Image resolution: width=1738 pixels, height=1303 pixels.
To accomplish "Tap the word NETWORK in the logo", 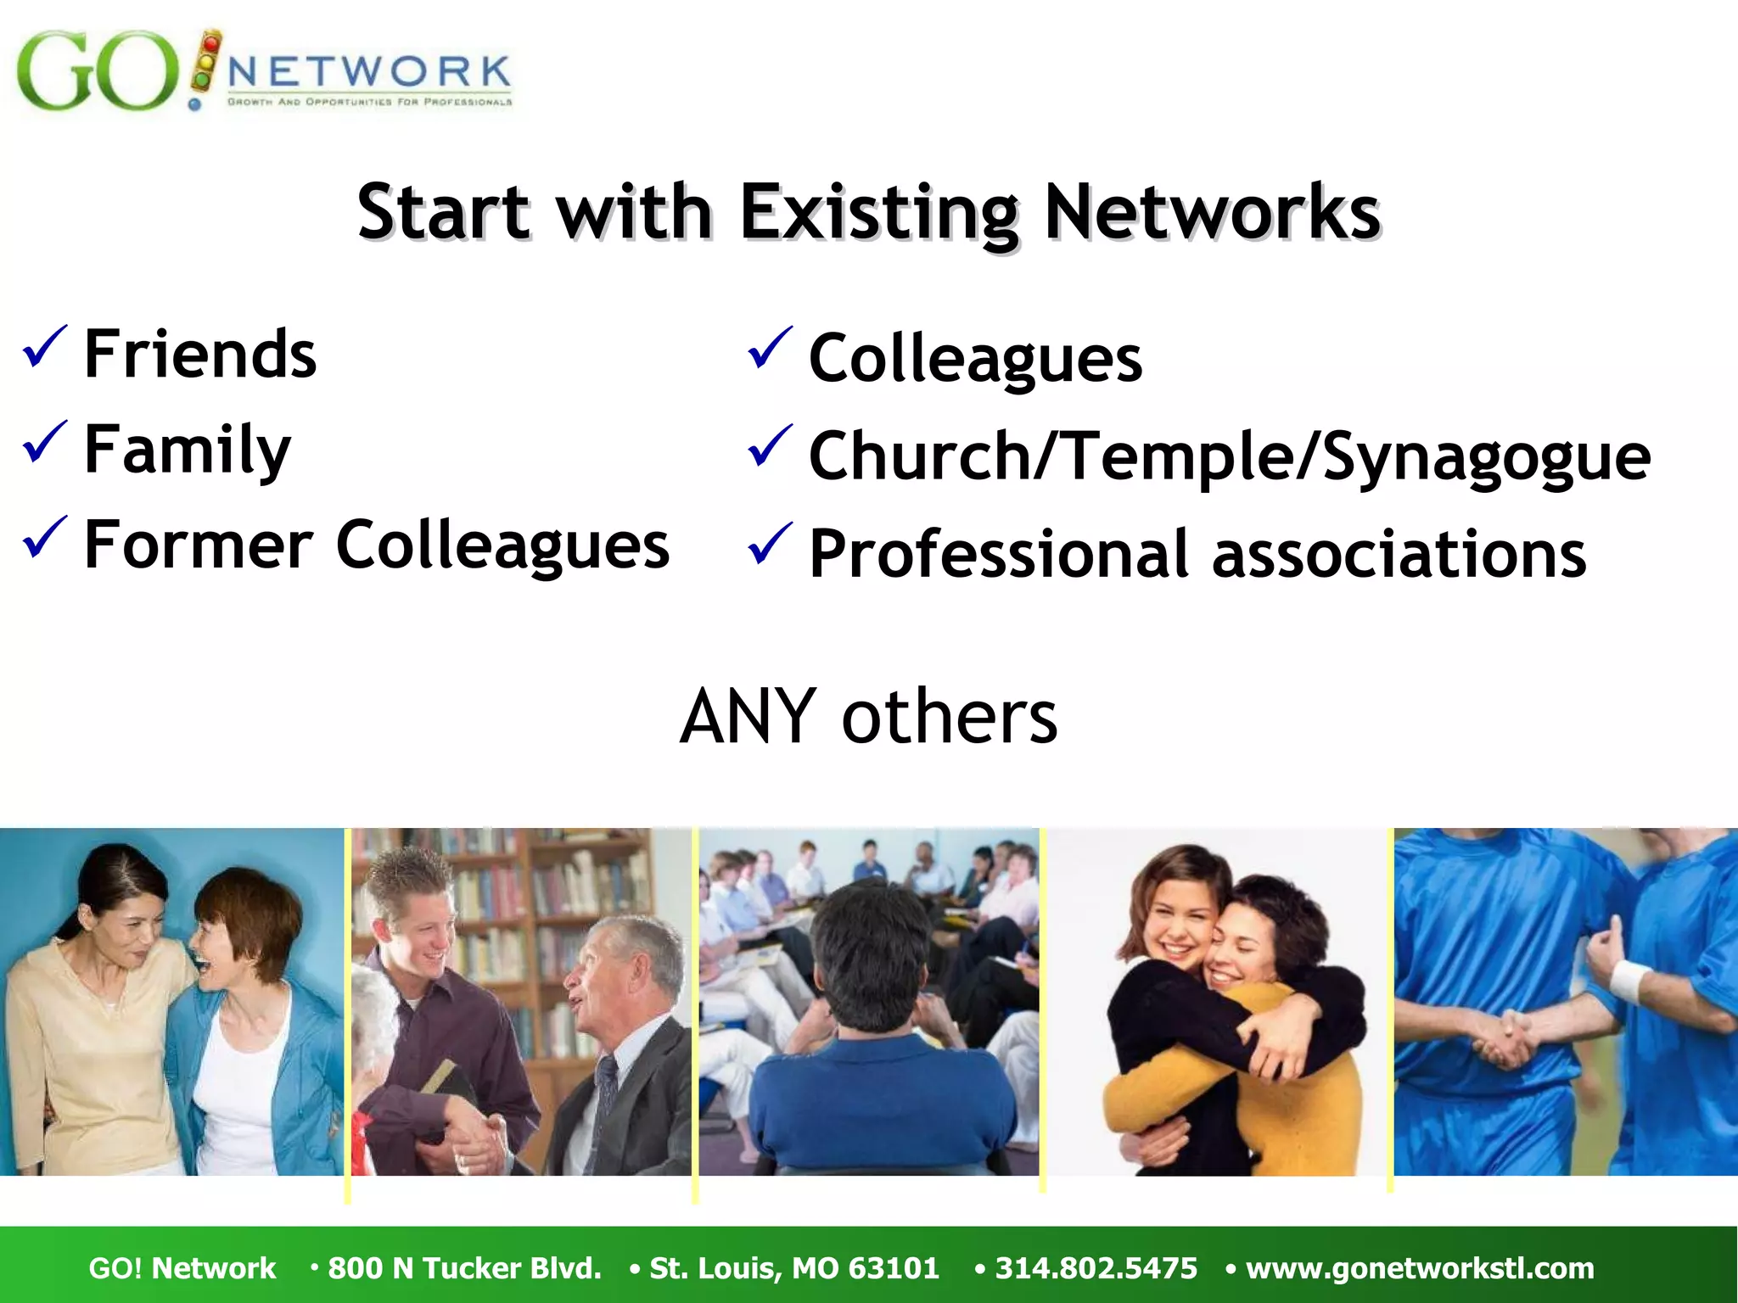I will tap(369, 72).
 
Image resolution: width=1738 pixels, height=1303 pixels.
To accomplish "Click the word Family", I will tap(188, 450).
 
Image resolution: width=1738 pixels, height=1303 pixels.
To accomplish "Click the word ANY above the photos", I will tap(748, 717).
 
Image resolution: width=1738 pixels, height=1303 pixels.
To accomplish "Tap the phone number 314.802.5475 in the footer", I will tap(1096, 1268).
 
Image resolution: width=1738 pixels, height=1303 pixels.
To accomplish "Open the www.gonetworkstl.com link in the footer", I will tap(1420, 1268).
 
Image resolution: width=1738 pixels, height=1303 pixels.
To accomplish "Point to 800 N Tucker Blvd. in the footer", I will tap(464, 1268).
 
